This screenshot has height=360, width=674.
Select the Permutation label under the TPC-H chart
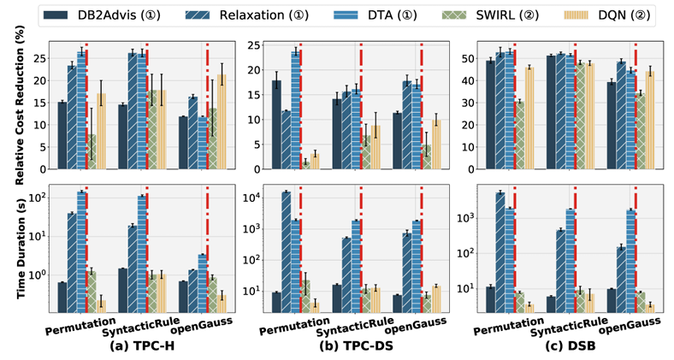tap(75, 327)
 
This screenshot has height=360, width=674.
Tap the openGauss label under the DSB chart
tap(629, 322)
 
